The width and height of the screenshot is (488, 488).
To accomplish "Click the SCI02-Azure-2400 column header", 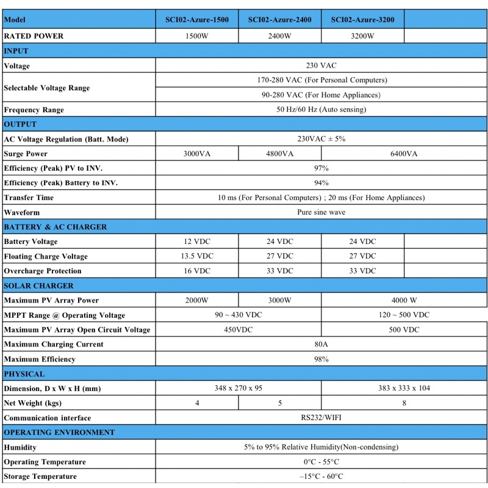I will click(279, 20).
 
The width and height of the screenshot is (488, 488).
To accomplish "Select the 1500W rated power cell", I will click(197, 36).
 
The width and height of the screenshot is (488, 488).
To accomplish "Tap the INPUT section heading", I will click(16, 51).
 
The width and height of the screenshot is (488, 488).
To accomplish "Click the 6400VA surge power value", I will click(404, 154).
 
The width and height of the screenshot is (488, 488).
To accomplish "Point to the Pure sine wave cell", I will click(321, 212).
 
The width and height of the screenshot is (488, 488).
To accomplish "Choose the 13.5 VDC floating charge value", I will click(197, 256).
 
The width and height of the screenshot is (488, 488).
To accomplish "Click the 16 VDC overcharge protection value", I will click(197, 271).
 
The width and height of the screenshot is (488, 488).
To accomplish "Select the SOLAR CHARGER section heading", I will click(38, 286).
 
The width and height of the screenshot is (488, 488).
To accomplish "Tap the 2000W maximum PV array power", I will click(197, 301).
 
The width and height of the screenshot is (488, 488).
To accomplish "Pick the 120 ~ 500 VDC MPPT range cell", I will click(404, 315).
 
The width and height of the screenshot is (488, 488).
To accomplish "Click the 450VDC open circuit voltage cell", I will click(239, 330).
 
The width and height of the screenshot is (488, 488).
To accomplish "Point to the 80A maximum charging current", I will click(321, 345).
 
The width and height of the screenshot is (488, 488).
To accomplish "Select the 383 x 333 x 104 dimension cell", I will click(404, 389).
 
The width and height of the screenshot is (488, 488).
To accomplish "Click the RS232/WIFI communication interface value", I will click(321, 418).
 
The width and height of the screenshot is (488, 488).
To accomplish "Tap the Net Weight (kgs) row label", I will click(33, 403).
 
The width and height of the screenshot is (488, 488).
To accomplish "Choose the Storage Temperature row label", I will click(40, 476).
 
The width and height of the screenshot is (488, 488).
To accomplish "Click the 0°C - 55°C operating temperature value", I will click(321, 462).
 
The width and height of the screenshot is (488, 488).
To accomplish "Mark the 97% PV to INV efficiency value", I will click(321, 168).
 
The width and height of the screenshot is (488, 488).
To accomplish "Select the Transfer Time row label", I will click(29, 198).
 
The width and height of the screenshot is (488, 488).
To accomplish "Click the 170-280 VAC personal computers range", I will click(321, 80).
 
